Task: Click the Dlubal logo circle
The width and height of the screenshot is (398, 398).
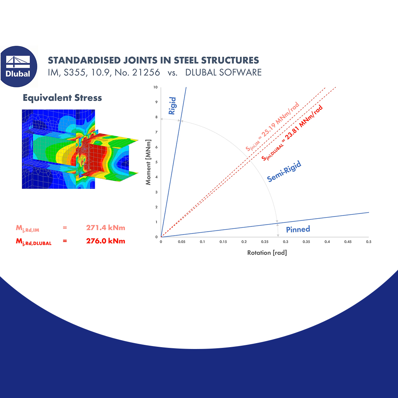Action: [18, 66]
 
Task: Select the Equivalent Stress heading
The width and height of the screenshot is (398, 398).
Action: [62, 98]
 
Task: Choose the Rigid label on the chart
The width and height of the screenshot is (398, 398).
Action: [172, 106]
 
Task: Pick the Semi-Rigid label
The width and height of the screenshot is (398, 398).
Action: [284, 171]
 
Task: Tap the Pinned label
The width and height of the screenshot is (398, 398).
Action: [298, 229]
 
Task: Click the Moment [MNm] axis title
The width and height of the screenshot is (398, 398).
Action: [149, 162]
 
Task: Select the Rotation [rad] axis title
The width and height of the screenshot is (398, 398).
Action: [267, 253]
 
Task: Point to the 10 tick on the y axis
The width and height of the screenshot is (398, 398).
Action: [156, 87]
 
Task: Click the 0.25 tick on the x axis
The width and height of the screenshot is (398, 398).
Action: [265, 242]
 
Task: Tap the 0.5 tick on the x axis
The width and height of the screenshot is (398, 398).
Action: [369, 242]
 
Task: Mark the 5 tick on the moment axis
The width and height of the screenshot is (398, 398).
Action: [156, 162]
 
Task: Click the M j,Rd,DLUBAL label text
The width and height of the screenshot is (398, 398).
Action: [34, 242]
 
